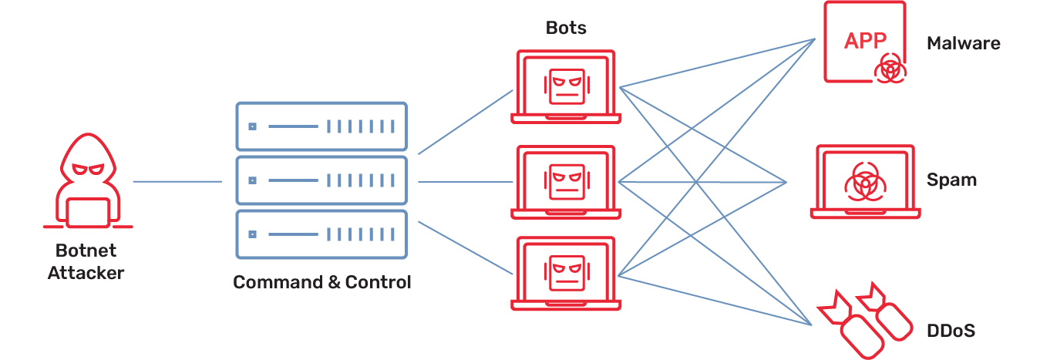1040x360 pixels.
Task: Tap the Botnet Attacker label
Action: click(x=86, y=262)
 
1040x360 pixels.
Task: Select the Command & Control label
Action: click(x=322, y=282)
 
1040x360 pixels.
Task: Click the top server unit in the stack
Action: click(x=320, y=126)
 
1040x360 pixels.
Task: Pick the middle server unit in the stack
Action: click(x=320, y=180)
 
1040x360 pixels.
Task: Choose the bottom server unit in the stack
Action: click(x=320, y=234)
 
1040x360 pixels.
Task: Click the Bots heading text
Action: click(x=566, y=29)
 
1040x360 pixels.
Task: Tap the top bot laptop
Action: click(x=567, y=86)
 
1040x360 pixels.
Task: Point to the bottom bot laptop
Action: click(x=567, y=274)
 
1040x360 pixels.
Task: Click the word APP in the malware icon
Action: click(x=865, y=41)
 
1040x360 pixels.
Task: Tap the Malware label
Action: click(x=963, y=44)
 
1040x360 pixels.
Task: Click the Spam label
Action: click(x=951, y=181)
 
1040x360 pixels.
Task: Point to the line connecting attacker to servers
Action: click(x=177, y=182)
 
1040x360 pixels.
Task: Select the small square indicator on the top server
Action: click(x=252, y=126)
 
